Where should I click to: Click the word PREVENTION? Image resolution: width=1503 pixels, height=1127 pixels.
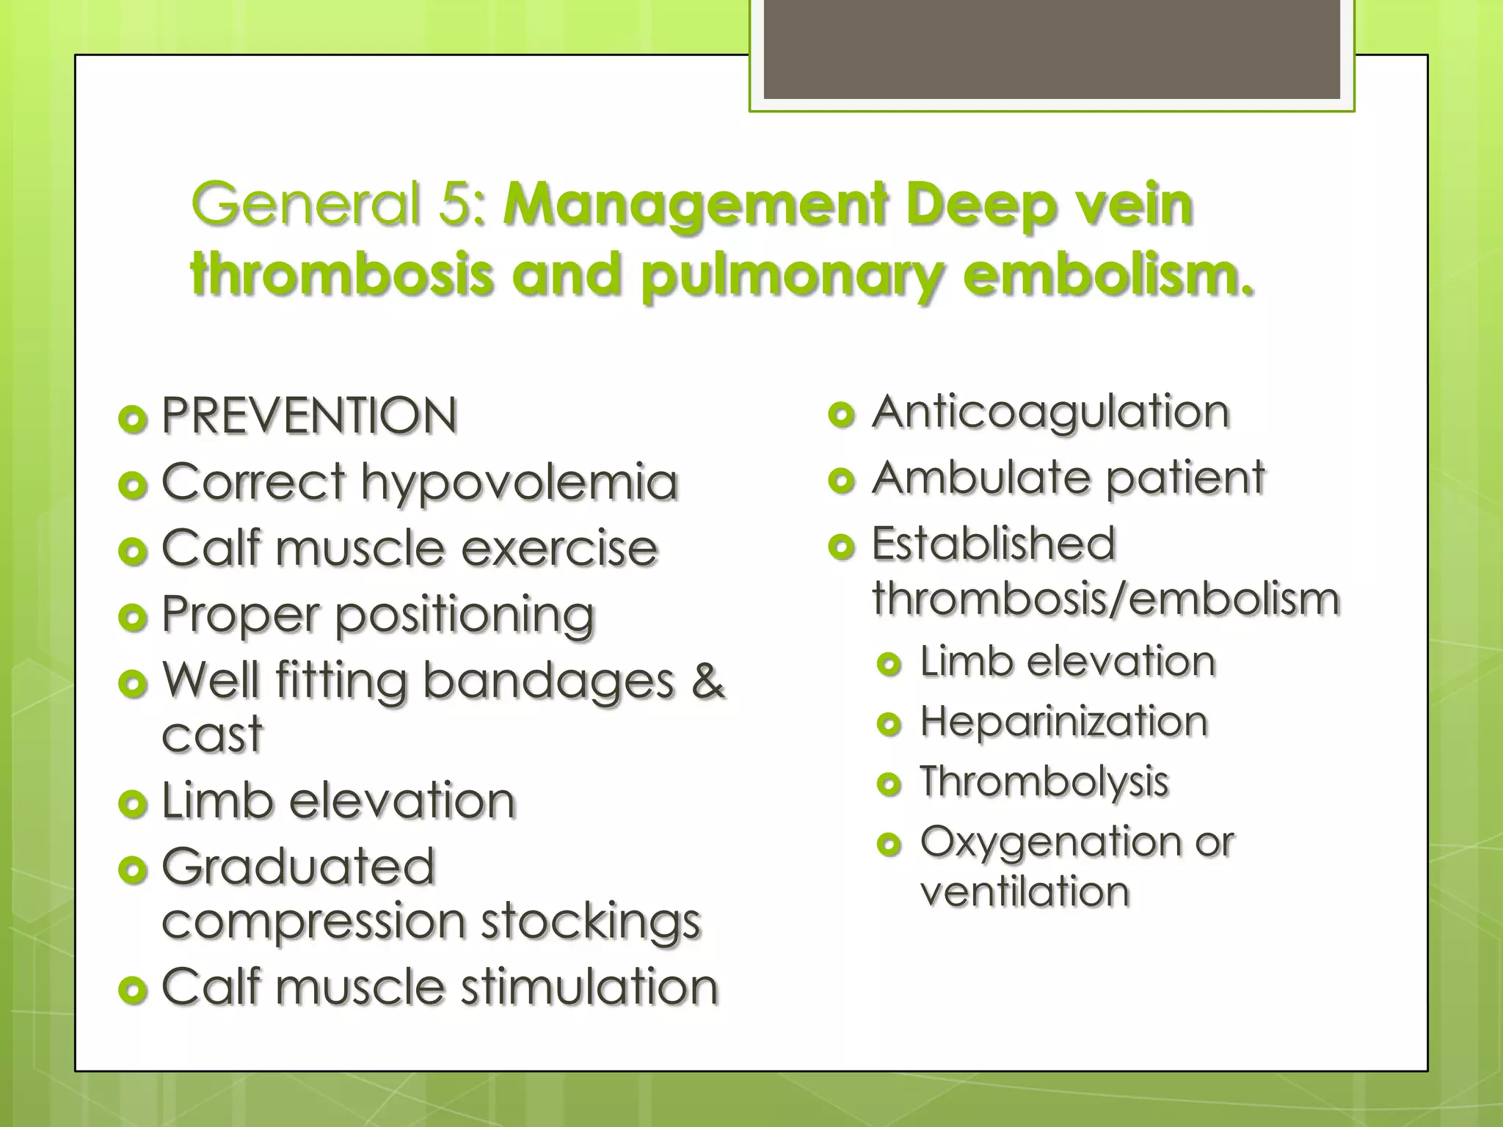(309, 416)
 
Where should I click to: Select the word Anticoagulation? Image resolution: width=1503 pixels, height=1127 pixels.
(1050, 413)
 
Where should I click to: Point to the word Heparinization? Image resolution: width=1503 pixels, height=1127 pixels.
(1063, 722)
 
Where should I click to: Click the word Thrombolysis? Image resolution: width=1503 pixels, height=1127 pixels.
(1044, 781)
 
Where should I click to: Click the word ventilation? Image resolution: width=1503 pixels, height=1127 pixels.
(1025, 892)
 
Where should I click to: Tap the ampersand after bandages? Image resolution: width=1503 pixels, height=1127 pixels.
(707, 680)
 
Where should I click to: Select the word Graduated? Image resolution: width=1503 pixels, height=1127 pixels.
(298, 867)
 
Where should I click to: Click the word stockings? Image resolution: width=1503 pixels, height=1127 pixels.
(591, 922)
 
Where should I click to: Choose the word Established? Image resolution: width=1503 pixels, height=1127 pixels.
(993, 544)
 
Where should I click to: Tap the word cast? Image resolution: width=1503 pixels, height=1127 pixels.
(212, 734)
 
